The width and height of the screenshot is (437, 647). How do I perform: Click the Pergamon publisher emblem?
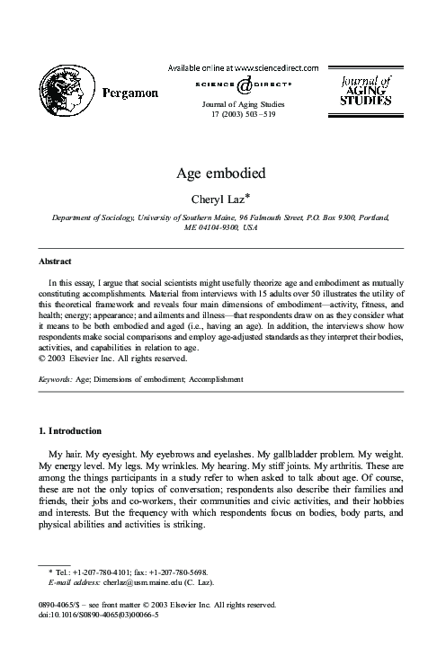pos(64,91)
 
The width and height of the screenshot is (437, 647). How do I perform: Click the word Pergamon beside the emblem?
pos(127,92)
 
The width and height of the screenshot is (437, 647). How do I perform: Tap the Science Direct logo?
pos(244,85)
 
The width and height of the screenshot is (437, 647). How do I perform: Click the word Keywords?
pos(56,380)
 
